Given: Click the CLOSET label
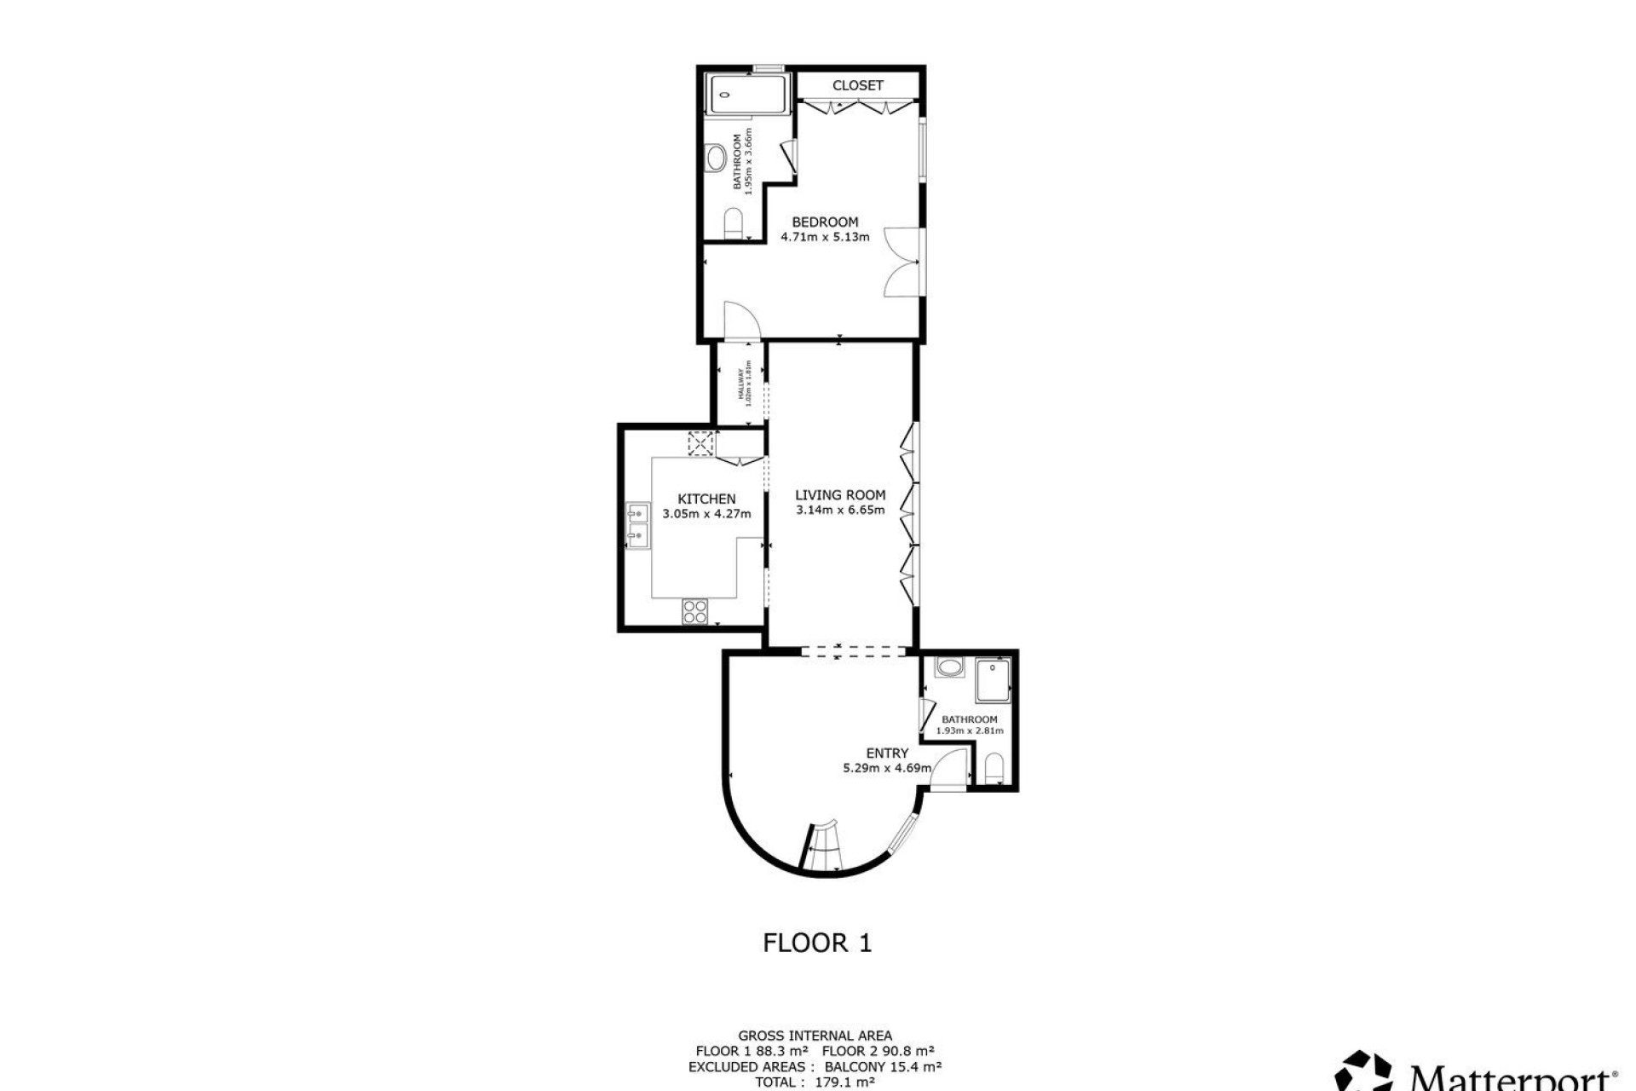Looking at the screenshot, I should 857,85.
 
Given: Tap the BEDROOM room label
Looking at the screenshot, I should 825,222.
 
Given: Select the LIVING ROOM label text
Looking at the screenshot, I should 839,494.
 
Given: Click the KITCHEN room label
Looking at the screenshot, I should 706,499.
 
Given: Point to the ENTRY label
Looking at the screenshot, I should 886,753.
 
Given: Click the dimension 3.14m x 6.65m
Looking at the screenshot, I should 839,511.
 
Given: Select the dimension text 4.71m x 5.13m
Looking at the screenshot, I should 825,237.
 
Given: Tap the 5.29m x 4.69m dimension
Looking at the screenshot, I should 886,768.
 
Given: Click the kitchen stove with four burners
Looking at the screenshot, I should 694,611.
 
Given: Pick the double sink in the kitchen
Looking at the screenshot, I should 637,525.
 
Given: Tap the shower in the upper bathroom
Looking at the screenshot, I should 748,93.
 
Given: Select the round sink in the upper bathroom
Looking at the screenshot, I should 717,158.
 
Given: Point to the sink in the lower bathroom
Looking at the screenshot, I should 948,667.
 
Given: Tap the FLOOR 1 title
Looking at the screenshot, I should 817,943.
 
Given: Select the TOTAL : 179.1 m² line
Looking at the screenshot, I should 815,1082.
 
